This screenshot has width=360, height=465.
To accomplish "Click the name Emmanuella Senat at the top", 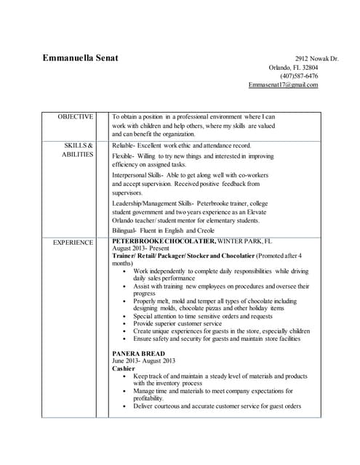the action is [81, 57].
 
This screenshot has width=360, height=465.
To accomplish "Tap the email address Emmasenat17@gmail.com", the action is [283, 85].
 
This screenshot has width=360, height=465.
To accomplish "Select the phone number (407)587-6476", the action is [299, 76].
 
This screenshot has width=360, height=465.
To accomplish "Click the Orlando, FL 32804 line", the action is [293, 67].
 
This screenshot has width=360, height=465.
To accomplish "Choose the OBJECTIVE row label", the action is [76, 116].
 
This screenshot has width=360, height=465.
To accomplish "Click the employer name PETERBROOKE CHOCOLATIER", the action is [164, 240].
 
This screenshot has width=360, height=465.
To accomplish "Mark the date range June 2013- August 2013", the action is [144, 361].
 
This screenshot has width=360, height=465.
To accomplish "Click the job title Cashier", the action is [124, 368].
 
